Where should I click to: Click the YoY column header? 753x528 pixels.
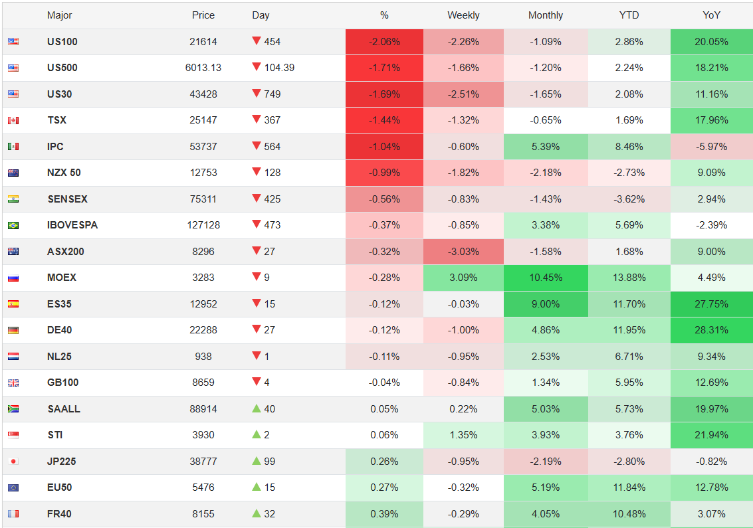(711, 15)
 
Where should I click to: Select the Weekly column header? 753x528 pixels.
(463, 15)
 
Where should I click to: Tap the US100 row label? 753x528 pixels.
(62, 42)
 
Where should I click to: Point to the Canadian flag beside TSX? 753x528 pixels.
(13, 120)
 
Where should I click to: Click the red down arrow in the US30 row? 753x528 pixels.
(257, 94)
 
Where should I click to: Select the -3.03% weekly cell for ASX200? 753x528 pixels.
(463, 252)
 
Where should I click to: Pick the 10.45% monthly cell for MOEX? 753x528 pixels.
(546, 278)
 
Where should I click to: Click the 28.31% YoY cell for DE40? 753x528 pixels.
(711, 330)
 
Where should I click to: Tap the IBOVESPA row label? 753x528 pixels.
(72, 225)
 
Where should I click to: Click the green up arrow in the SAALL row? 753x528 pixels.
(257, 408)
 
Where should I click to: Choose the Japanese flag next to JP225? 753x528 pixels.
(13, 462)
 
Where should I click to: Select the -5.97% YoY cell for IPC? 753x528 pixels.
(711, 147)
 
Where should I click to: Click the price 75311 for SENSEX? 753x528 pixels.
(203, 199)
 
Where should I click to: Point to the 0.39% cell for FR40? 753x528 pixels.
(385, 514)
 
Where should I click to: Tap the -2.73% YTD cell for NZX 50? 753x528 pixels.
(629, 173)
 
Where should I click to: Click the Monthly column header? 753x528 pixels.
(546, 15)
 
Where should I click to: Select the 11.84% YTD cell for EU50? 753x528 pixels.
(629, 487)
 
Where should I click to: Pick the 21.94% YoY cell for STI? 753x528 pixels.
(711, 435)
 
